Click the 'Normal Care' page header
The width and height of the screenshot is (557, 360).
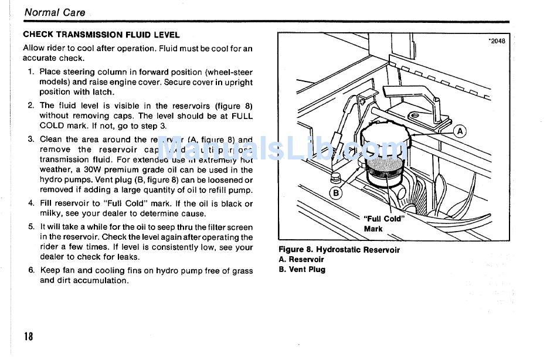[x=55, y=12]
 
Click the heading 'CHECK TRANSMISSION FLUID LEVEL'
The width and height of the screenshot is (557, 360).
[x=101, y=35]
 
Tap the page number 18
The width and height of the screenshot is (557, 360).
[x=29, y=337]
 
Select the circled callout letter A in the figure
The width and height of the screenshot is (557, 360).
[x=460, y=131]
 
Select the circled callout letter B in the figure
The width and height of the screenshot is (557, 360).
[x=337, y=193]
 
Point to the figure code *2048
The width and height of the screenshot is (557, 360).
[x=496, y=41]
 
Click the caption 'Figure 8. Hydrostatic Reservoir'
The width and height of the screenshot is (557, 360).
[x=339, y=250]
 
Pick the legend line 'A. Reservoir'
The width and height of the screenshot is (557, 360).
[x=301, y=260]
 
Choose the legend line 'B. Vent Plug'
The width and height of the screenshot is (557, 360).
[x=301, y=270]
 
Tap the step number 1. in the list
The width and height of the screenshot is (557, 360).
[x=31, y=72]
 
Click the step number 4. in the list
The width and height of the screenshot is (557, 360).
[x=31, y=203]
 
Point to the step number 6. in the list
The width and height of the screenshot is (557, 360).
[x=31, y=270]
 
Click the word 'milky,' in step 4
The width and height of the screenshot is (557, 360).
[x=52, y=213]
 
